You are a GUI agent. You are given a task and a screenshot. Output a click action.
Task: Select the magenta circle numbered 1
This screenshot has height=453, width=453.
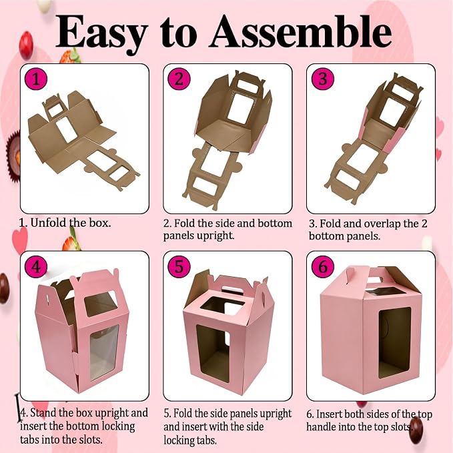coord(36,79)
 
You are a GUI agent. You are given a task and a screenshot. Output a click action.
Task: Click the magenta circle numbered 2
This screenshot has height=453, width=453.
coord(179,79)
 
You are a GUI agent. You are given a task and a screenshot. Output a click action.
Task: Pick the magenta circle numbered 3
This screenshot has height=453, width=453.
coord(323,79)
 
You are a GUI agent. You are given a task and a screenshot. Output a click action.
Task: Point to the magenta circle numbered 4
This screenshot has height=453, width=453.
coord(36,266)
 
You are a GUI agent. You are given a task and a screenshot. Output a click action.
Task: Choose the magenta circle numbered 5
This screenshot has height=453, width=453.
coord(179,266)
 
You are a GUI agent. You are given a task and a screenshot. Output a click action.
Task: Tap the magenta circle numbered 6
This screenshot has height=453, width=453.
coord(323,266)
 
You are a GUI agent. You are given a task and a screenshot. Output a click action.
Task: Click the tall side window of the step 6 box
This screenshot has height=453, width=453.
coord(395,343)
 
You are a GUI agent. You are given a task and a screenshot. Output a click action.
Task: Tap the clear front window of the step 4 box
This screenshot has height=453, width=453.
coord(104,352)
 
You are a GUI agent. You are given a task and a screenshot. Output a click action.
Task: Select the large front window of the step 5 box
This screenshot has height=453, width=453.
coord(213,354)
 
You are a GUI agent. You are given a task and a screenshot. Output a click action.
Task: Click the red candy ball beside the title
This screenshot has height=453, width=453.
coord(26,45)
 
